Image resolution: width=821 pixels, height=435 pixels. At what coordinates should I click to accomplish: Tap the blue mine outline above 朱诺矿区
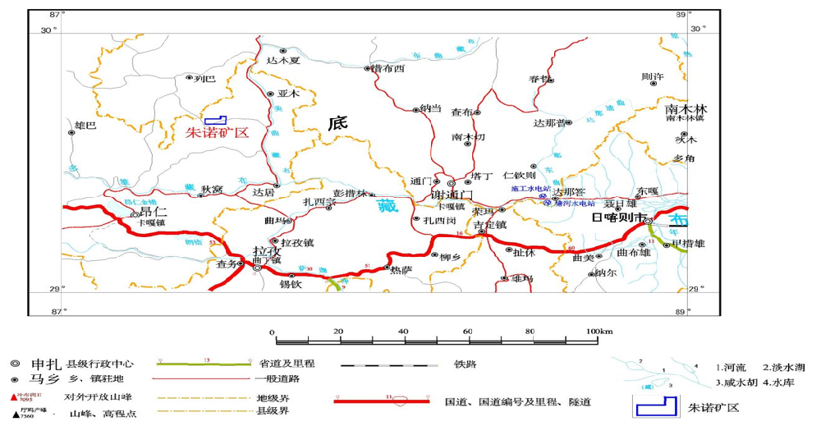[217, 121]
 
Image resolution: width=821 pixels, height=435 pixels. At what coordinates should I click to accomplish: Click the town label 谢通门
[452, 195]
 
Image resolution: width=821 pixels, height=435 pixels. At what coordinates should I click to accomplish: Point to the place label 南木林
[686, 109]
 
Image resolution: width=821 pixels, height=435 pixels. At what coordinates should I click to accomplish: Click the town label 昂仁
[153, 213]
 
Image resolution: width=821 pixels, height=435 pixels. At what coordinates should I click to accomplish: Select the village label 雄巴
[85, 126]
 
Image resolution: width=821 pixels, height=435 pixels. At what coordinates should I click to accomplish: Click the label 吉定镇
[490, 224]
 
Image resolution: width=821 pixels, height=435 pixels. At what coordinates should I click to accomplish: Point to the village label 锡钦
[291, 285]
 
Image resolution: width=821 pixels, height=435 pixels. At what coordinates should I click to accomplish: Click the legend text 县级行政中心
[103, 364]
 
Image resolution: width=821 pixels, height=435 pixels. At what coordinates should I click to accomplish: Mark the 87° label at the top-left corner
[55, 15]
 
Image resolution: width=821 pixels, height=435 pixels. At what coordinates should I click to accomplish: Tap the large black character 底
[337, 124]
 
